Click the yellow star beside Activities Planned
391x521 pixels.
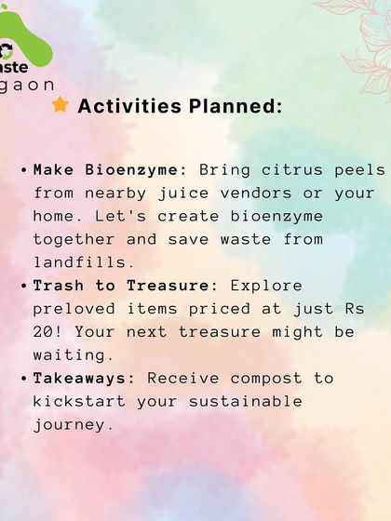pyautogui.click(x=61, y=105)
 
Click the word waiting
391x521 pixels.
pyautogui.click(x=74, y=354)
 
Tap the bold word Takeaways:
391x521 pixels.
pyautogui.click(x=85, y=378)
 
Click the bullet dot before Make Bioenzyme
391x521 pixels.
pyautogui.click(x=23, y=171)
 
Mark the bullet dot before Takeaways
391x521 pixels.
pyautogui.click(x=23, y=378)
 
